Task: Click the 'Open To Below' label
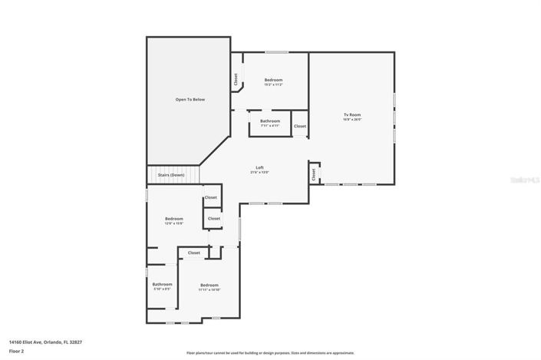coord(190,100)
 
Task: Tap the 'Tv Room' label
coord(351,115)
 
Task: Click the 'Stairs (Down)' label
coord(171,175)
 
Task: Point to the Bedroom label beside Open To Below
coord(273,81)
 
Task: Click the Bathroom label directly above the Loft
coord(270,121)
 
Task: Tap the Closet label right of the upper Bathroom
coord(300,126)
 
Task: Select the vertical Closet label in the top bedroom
coord(236,79)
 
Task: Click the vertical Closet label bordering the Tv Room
coord(315,174)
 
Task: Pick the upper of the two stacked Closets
coord(211,197)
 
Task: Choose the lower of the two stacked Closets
coord(214,219)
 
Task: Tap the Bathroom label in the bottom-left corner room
coord(162,285)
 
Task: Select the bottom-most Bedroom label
coord(209,286)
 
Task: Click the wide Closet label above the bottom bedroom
coord(194,253)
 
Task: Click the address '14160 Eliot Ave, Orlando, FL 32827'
coord(45,342)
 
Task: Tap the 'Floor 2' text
coord(17,351)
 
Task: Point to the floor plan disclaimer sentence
coord(270,353)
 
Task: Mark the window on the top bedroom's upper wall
coord(276,52)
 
